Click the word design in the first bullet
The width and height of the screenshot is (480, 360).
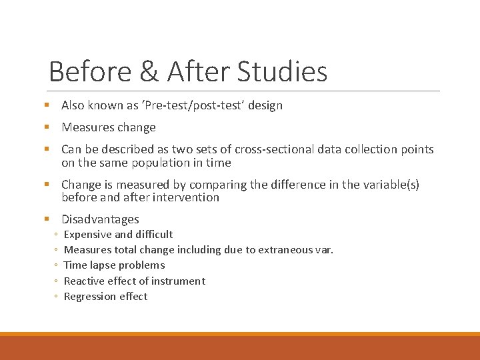pyautogui.click(x=265, y=105)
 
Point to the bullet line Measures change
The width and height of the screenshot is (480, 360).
pyautogui.click(x=108, y=127)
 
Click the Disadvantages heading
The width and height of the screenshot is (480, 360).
pyautogui.click(x=100, y=219)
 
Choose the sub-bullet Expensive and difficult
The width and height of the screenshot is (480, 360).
pyautogui.click(x=118, y=235)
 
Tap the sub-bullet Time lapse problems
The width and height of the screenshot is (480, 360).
pyautogui.click(x=114, y=265)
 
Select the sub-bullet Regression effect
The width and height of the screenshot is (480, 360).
pyautogui.click(x=105, y=297)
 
